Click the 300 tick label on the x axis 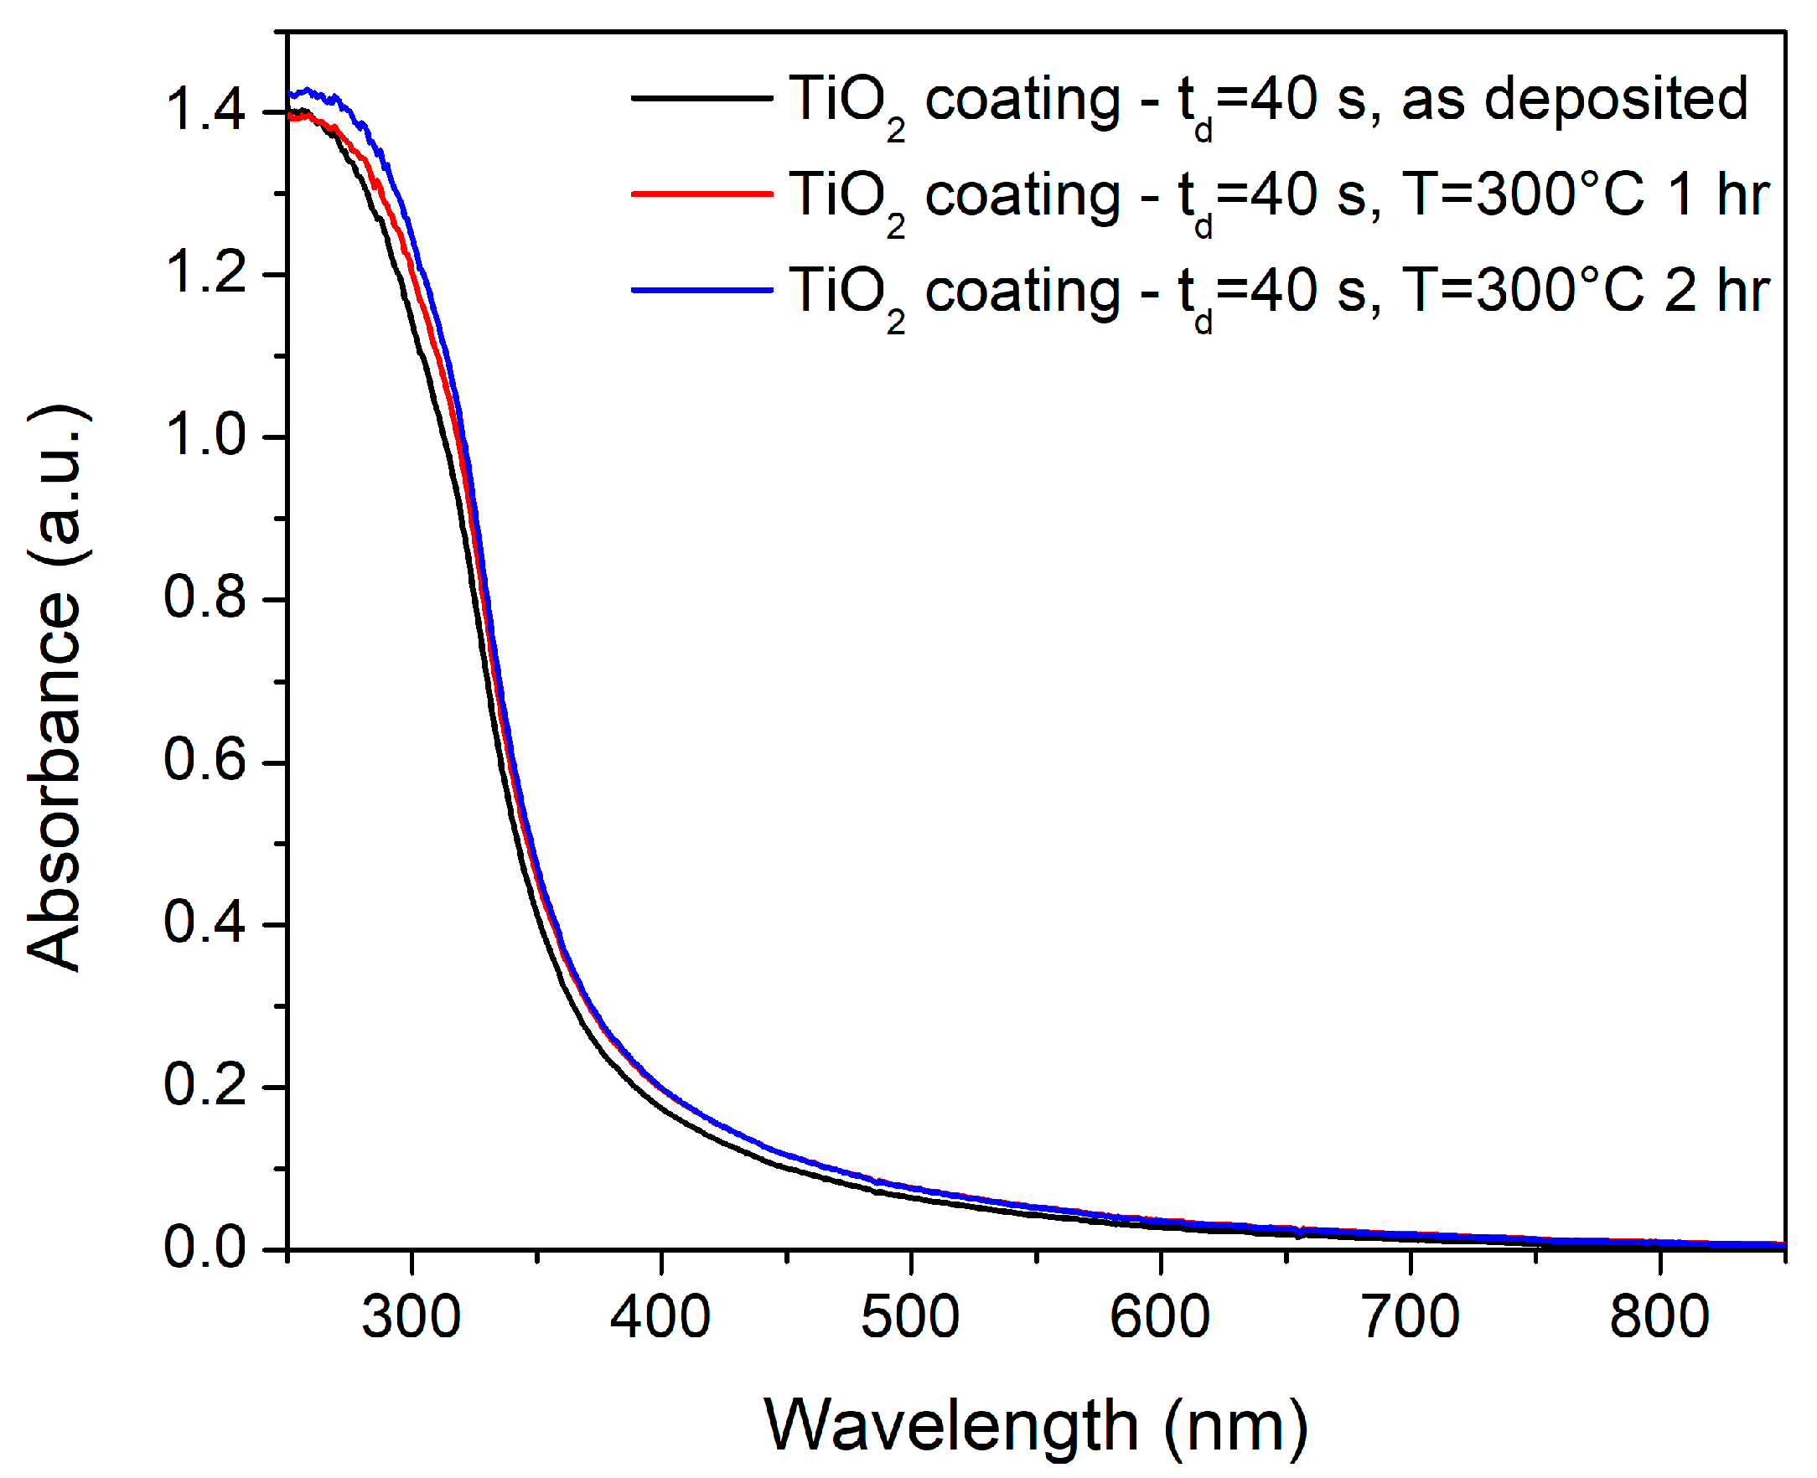click(412, 1317)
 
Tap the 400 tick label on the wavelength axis click(660, 1317)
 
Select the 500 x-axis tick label click(910, 1317)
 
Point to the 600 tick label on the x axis click(1160, 1317)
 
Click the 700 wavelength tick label click(1411, 1317)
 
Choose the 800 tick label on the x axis click(1659, 1317)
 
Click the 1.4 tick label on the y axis click(205, 111)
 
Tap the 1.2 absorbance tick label click(205, 273)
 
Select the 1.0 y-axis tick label click(205, 436)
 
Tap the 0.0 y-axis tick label click(205, 1248)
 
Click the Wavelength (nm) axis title click(1035, 1427)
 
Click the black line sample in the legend click(701, 99)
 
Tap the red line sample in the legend click(701, 194)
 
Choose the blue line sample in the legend click(701, 290)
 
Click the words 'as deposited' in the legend click(1574, 100)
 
